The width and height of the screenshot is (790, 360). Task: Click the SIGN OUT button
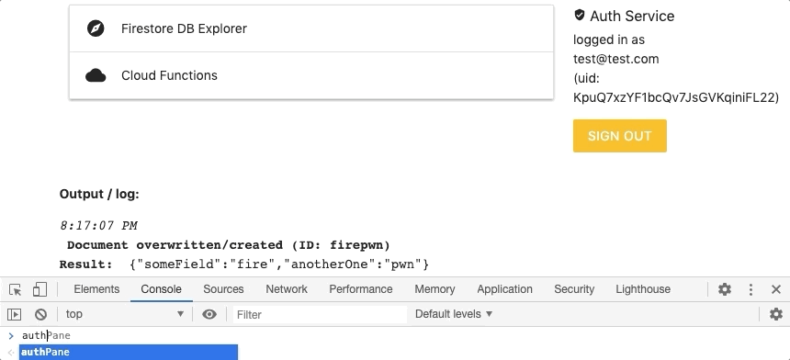click(619, 136)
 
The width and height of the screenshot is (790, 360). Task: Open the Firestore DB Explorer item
click(184, 28)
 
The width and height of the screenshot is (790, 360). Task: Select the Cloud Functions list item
click(169, 75)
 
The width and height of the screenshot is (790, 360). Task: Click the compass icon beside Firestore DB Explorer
click(96, 28)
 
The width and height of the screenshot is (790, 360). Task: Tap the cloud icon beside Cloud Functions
click(96, 75)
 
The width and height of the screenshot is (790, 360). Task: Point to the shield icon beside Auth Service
click(580, 16)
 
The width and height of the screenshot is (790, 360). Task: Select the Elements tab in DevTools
click(96, 289)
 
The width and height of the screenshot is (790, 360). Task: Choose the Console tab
click(161, 289)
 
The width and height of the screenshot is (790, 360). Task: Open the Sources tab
click(223, 289)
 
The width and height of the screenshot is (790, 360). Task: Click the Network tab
click(287, 289)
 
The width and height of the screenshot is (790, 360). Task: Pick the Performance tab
click(361, 289)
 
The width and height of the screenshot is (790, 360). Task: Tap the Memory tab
click(434, 289)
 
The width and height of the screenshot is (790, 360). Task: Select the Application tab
click(504, 289)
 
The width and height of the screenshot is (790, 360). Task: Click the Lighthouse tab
click(643, 289)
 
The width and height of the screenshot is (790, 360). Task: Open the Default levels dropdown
click(454, 314)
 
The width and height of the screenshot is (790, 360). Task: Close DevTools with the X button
click(776, 289)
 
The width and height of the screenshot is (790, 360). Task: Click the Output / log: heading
click(99, 195)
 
